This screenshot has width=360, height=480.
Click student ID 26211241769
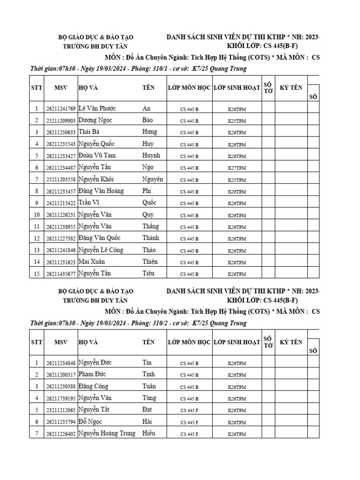60,109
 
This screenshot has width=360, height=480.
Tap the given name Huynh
151,155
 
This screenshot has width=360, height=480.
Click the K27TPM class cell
237,168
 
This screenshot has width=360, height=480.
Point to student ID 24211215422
60,203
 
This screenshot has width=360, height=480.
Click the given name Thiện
150,262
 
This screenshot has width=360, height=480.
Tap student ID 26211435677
60,274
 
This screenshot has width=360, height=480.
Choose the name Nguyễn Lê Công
100,250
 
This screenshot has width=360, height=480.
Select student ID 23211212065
60,410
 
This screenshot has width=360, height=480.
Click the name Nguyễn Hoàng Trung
106,433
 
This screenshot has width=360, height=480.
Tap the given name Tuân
150,386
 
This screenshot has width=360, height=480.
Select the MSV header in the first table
60,88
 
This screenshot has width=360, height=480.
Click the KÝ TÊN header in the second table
291,342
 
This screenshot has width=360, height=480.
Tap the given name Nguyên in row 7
152,179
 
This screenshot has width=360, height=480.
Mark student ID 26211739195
60,398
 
